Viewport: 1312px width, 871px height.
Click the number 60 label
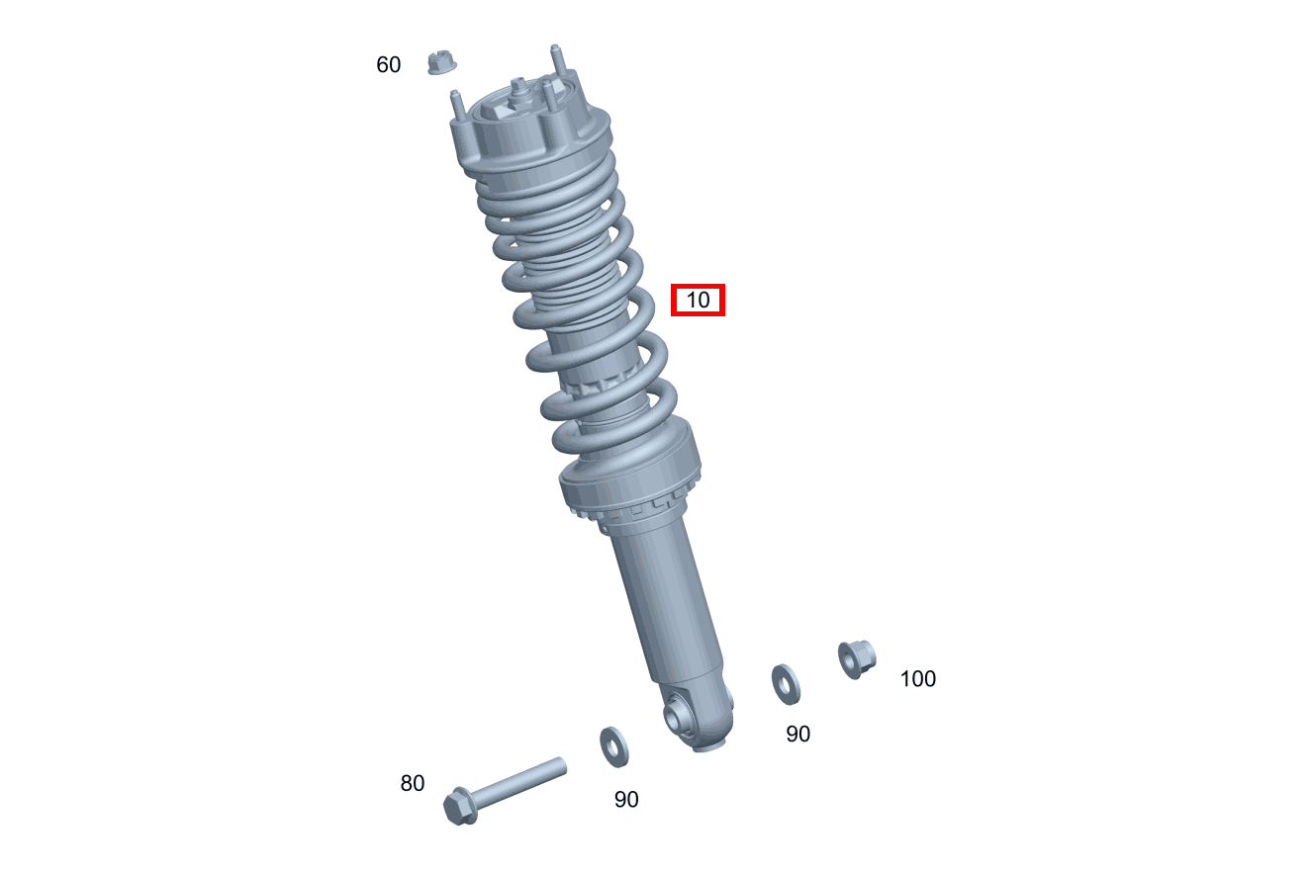(x=388, y=64)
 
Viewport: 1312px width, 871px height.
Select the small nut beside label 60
(x=441, y=62)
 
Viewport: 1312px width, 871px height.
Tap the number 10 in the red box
(x=698, y=300)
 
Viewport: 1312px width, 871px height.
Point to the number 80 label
(x=413, y=783)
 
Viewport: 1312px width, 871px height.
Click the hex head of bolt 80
(x=460, y=807)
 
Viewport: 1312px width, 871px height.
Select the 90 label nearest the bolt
(x=626, y=800)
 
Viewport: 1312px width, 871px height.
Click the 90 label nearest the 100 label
(x=797, y=734)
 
